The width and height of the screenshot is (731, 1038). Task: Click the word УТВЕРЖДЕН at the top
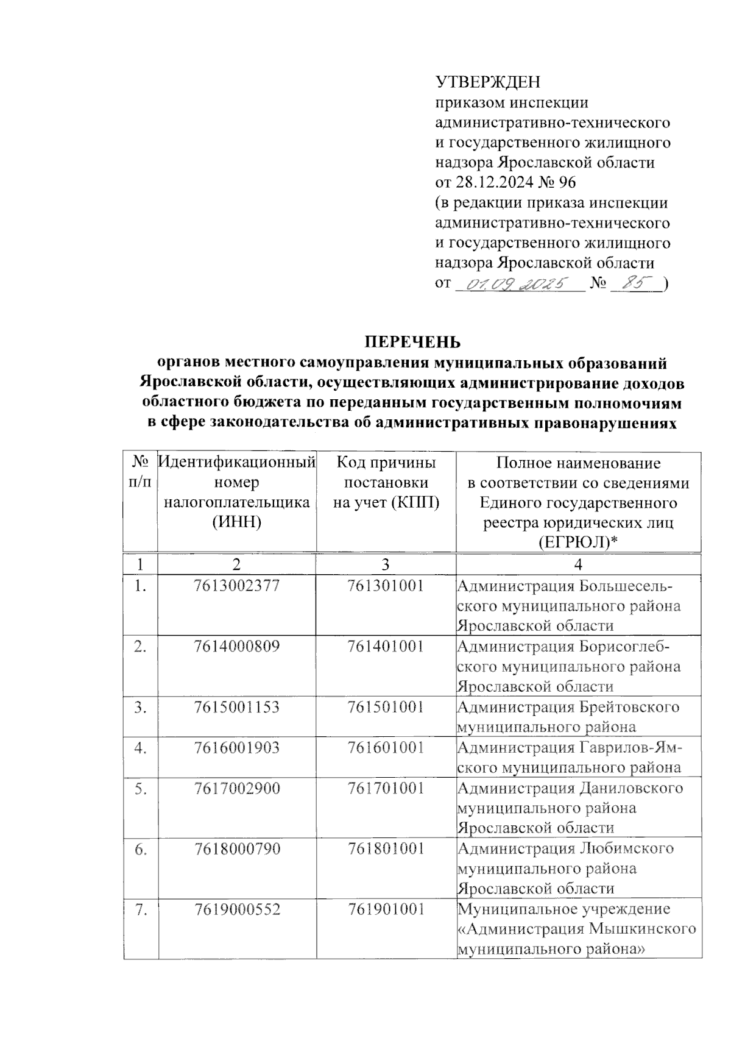click(488, 82)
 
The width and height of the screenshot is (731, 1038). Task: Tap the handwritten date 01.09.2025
click(517, 283)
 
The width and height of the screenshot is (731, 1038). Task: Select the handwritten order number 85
click(637, 283)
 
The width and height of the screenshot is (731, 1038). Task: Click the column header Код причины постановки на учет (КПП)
click(386, 483)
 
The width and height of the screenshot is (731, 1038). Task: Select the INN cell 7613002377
click(237, 586)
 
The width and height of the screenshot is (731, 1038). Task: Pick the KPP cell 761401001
click(386, 646)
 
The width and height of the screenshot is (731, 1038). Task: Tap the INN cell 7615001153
click(237, 707)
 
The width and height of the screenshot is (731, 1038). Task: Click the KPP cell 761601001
click(386, 747)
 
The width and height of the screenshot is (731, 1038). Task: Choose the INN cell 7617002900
click(237, 788)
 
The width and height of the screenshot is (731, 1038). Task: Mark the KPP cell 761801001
click(386, 848)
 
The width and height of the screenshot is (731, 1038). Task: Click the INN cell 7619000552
click(237, 909)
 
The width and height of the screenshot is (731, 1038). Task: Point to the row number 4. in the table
click(141, 748)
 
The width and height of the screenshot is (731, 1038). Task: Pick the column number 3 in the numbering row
click(386, 563)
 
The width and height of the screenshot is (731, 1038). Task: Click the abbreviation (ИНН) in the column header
click(237, 522)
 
